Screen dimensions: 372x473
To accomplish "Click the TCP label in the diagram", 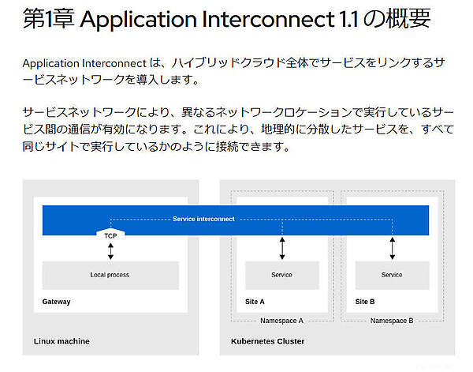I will (110, 235).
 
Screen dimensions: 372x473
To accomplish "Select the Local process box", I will (110, 275).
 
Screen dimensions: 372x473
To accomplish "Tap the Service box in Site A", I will (281, 275).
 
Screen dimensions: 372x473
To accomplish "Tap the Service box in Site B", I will (392, 275).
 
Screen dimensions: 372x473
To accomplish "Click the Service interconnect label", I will (203, 219).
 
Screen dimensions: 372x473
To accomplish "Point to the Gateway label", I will (56, 302).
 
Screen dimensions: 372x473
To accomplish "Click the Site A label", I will (255, 302).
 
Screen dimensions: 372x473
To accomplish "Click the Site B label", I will (365, 302).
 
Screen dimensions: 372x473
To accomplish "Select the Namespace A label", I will (281, 321).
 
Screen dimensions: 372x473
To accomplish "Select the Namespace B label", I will (392, 321).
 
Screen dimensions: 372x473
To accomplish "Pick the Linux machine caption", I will (61, 341).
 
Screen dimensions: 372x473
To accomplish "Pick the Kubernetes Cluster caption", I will (267, 341).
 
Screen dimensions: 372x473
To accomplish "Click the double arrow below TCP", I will (110, 251).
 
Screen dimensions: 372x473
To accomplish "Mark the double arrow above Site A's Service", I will (282, 248).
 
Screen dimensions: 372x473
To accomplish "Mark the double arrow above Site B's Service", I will (392, 248).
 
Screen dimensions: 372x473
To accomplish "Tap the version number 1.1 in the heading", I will (340, 22).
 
